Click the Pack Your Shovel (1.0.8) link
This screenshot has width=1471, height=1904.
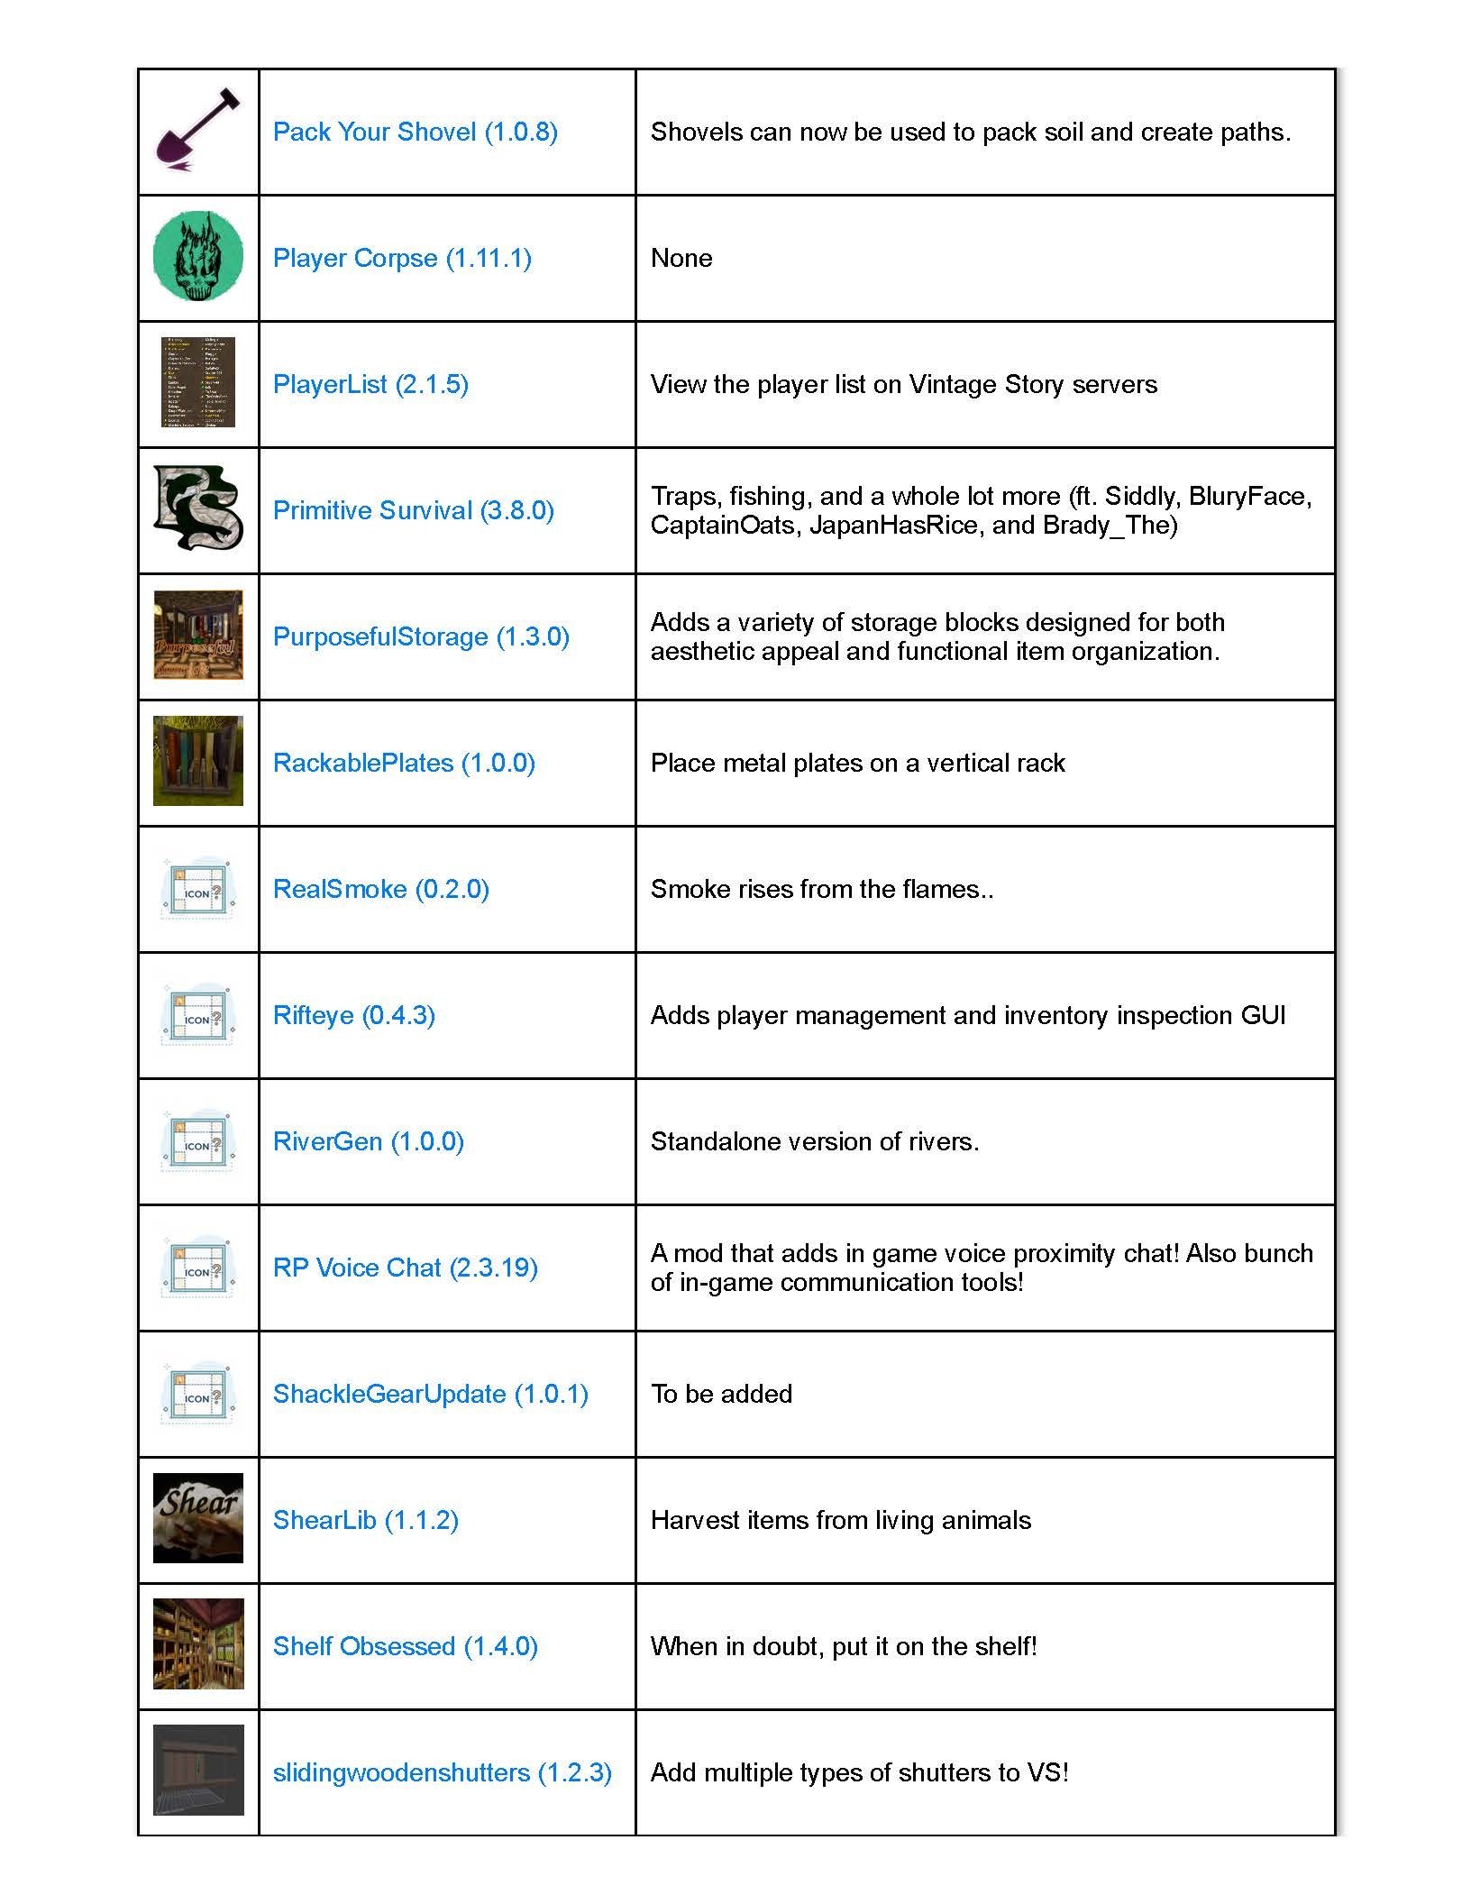point(415,132)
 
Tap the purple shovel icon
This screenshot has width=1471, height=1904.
point(198,132)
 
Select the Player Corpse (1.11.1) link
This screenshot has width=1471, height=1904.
point(402,258)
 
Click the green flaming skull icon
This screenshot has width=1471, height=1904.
point(198,257)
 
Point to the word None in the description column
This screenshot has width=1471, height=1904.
point(681,258)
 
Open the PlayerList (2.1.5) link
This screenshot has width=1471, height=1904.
point(370,384)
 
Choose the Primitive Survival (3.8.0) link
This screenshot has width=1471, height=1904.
point(413,510)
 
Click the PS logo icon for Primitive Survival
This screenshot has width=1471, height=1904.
point(198,508)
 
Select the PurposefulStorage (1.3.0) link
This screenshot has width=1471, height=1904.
point(421,636)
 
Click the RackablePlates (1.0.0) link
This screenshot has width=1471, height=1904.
point(404,763)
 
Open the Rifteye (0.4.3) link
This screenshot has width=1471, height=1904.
point(354,1015)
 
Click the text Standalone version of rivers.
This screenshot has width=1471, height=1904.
point(815,1141)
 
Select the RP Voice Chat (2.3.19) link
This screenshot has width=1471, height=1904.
point(405,1268)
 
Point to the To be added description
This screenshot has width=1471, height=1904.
point(721,1394)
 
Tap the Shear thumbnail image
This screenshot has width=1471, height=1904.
point(198,1518)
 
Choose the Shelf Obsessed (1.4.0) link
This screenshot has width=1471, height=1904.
point(405,1646)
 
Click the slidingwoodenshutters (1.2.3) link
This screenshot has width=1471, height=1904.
point(442,1772)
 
